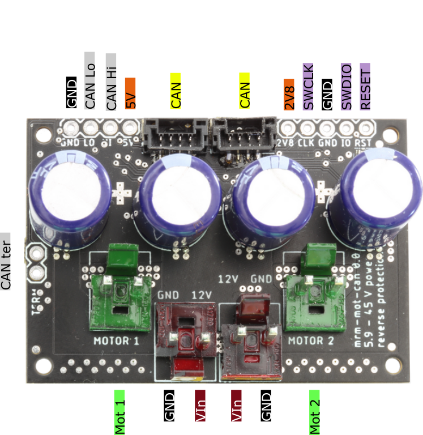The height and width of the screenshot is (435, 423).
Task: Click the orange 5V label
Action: pos(130,93)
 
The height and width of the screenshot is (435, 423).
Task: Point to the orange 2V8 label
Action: pos(289,94)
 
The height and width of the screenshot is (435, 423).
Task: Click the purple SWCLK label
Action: pos(309,86)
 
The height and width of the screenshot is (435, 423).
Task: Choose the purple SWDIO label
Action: pos(346,86)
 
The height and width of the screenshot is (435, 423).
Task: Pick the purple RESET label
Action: pos(365,86)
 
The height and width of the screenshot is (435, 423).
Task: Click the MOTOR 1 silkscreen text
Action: pos(116,340)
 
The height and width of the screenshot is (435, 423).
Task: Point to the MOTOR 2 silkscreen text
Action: pos(310,341)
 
